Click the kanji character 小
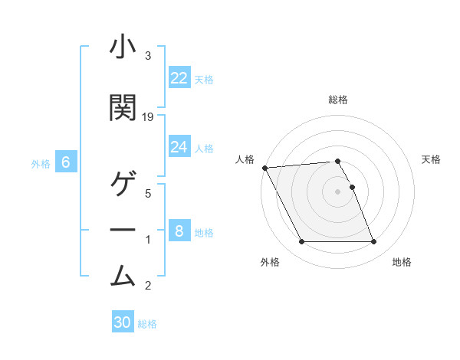point(123,47)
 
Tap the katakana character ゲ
point(123,186)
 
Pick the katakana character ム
point(123,274)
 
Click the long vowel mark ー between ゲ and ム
point(123,231)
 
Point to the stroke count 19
point(148,116)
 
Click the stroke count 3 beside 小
point(147,56)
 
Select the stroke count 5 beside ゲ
point(147,193)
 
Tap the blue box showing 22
point(179,77)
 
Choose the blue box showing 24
point(179,146)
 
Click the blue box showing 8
point(179,231)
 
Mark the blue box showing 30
point(123,322)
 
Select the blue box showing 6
point(66,162)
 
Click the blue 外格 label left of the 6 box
point(41,163)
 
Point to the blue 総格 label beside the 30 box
point(147,323)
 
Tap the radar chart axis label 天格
point(432,159)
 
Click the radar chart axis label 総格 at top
point(337,100)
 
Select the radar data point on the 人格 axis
point(264,168)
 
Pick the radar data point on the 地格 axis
point(373,242)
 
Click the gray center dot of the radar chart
point(337,191)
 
